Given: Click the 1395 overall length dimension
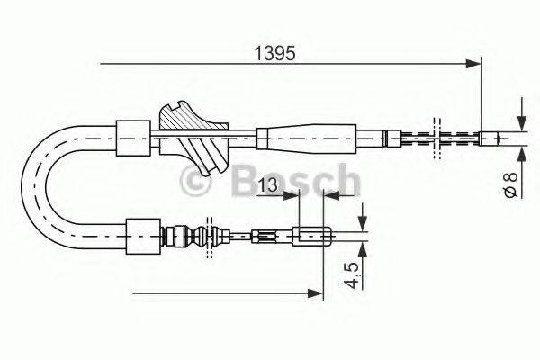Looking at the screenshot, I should click(x=274, y=52).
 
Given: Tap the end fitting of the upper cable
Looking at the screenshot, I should click(x=491, y=138).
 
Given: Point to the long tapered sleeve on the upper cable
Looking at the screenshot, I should click(x=310, y=137).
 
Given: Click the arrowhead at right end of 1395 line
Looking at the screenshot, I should click(x=475, y=63).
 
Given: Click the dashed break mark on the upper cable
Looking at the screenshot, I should click(x=437, y=137).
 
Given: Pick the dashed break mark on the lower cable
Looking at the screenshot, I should click(x=210, y=238).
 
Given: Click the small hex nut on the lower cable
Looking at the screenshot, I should click(x=263, y=238).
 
